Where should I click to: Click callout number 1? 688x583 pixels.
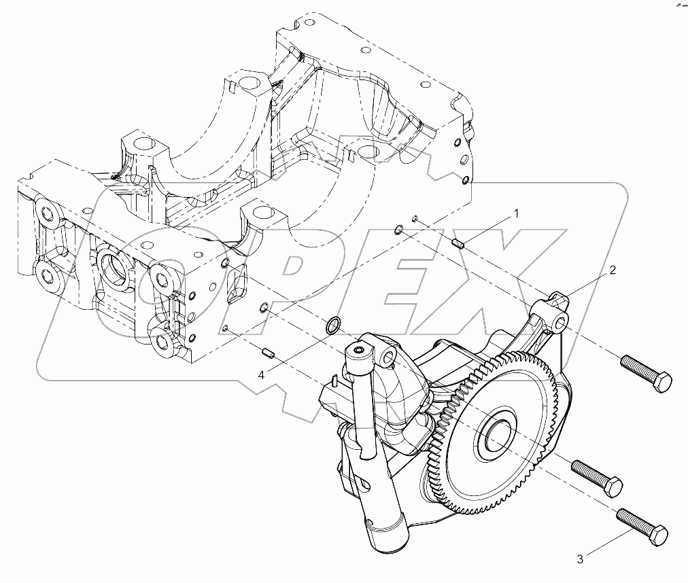[x=516, y=213]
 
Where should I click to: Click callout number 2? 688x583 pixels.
[x=613, y=270]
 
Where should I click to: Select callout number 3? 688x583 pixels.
[x=580, y=559]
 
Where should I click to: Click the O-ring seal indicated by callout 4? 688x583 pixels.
[x=333, y=325]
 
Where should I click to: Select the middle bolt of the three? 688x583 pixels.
[x=597, y=476]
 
